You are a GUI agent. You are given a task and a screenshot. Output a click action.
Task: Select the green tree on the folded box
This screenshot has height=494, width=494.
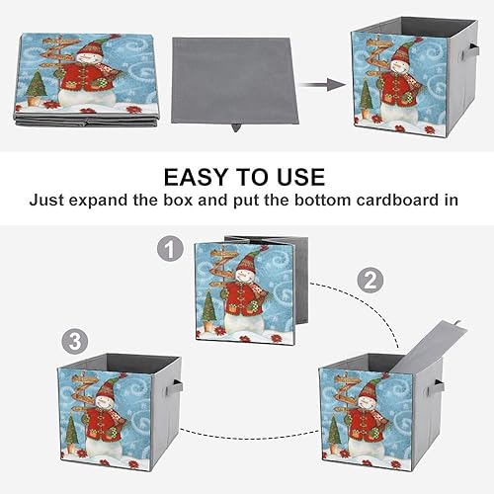click(37, 83)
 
